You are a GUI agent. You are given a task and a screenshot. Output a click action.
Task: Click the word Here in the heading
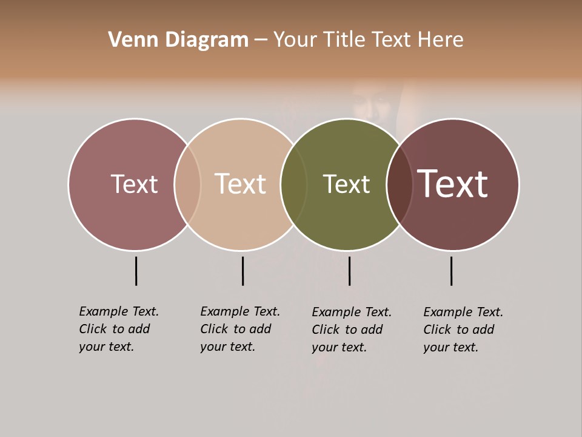point(441,40)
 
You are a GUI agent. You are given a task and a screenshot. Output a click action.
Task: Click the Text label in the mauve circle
point(134,184)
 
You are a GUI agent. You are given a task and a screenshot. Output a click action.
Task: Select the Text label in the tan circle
point(240,184)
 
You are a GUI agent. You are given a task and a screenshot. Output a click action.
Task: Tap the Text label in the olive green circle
point(346,184)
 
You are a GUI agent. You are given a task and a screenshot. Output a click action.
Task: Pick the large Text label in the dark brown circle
point(452,184)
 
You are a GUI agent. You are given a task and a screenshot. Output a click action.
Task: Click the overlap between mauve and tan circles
point(187,184)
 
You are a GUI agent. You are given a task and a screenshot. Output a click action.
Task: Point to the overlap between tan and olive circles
point(293,184)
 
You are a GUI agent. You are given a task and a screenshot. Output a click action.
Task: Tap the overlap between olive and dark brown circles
point(400,184)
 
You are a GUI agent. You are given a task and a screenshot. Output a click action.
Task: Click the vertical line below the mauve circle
point(136,271)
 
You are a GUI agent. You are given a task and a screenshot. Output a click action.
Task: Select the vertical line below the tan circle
point(242,271)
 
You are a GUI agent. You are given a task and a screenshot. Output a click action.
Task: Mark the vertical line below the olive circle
point(349,271)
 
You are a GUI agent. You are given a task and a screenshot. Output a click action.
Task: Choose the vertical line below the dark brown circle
point(451,271)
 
